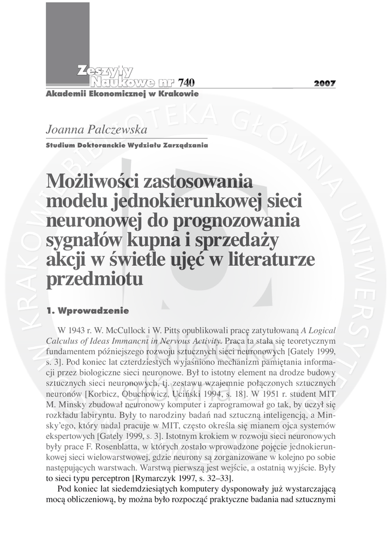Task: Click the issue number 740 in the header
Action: pyautogui.click(x=185, y=83)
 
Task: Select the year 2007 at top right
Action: pyautogui.click(x=325, y=84)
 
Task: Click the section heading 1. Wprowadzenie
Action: pyautogui.click(x=88, y=311)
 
